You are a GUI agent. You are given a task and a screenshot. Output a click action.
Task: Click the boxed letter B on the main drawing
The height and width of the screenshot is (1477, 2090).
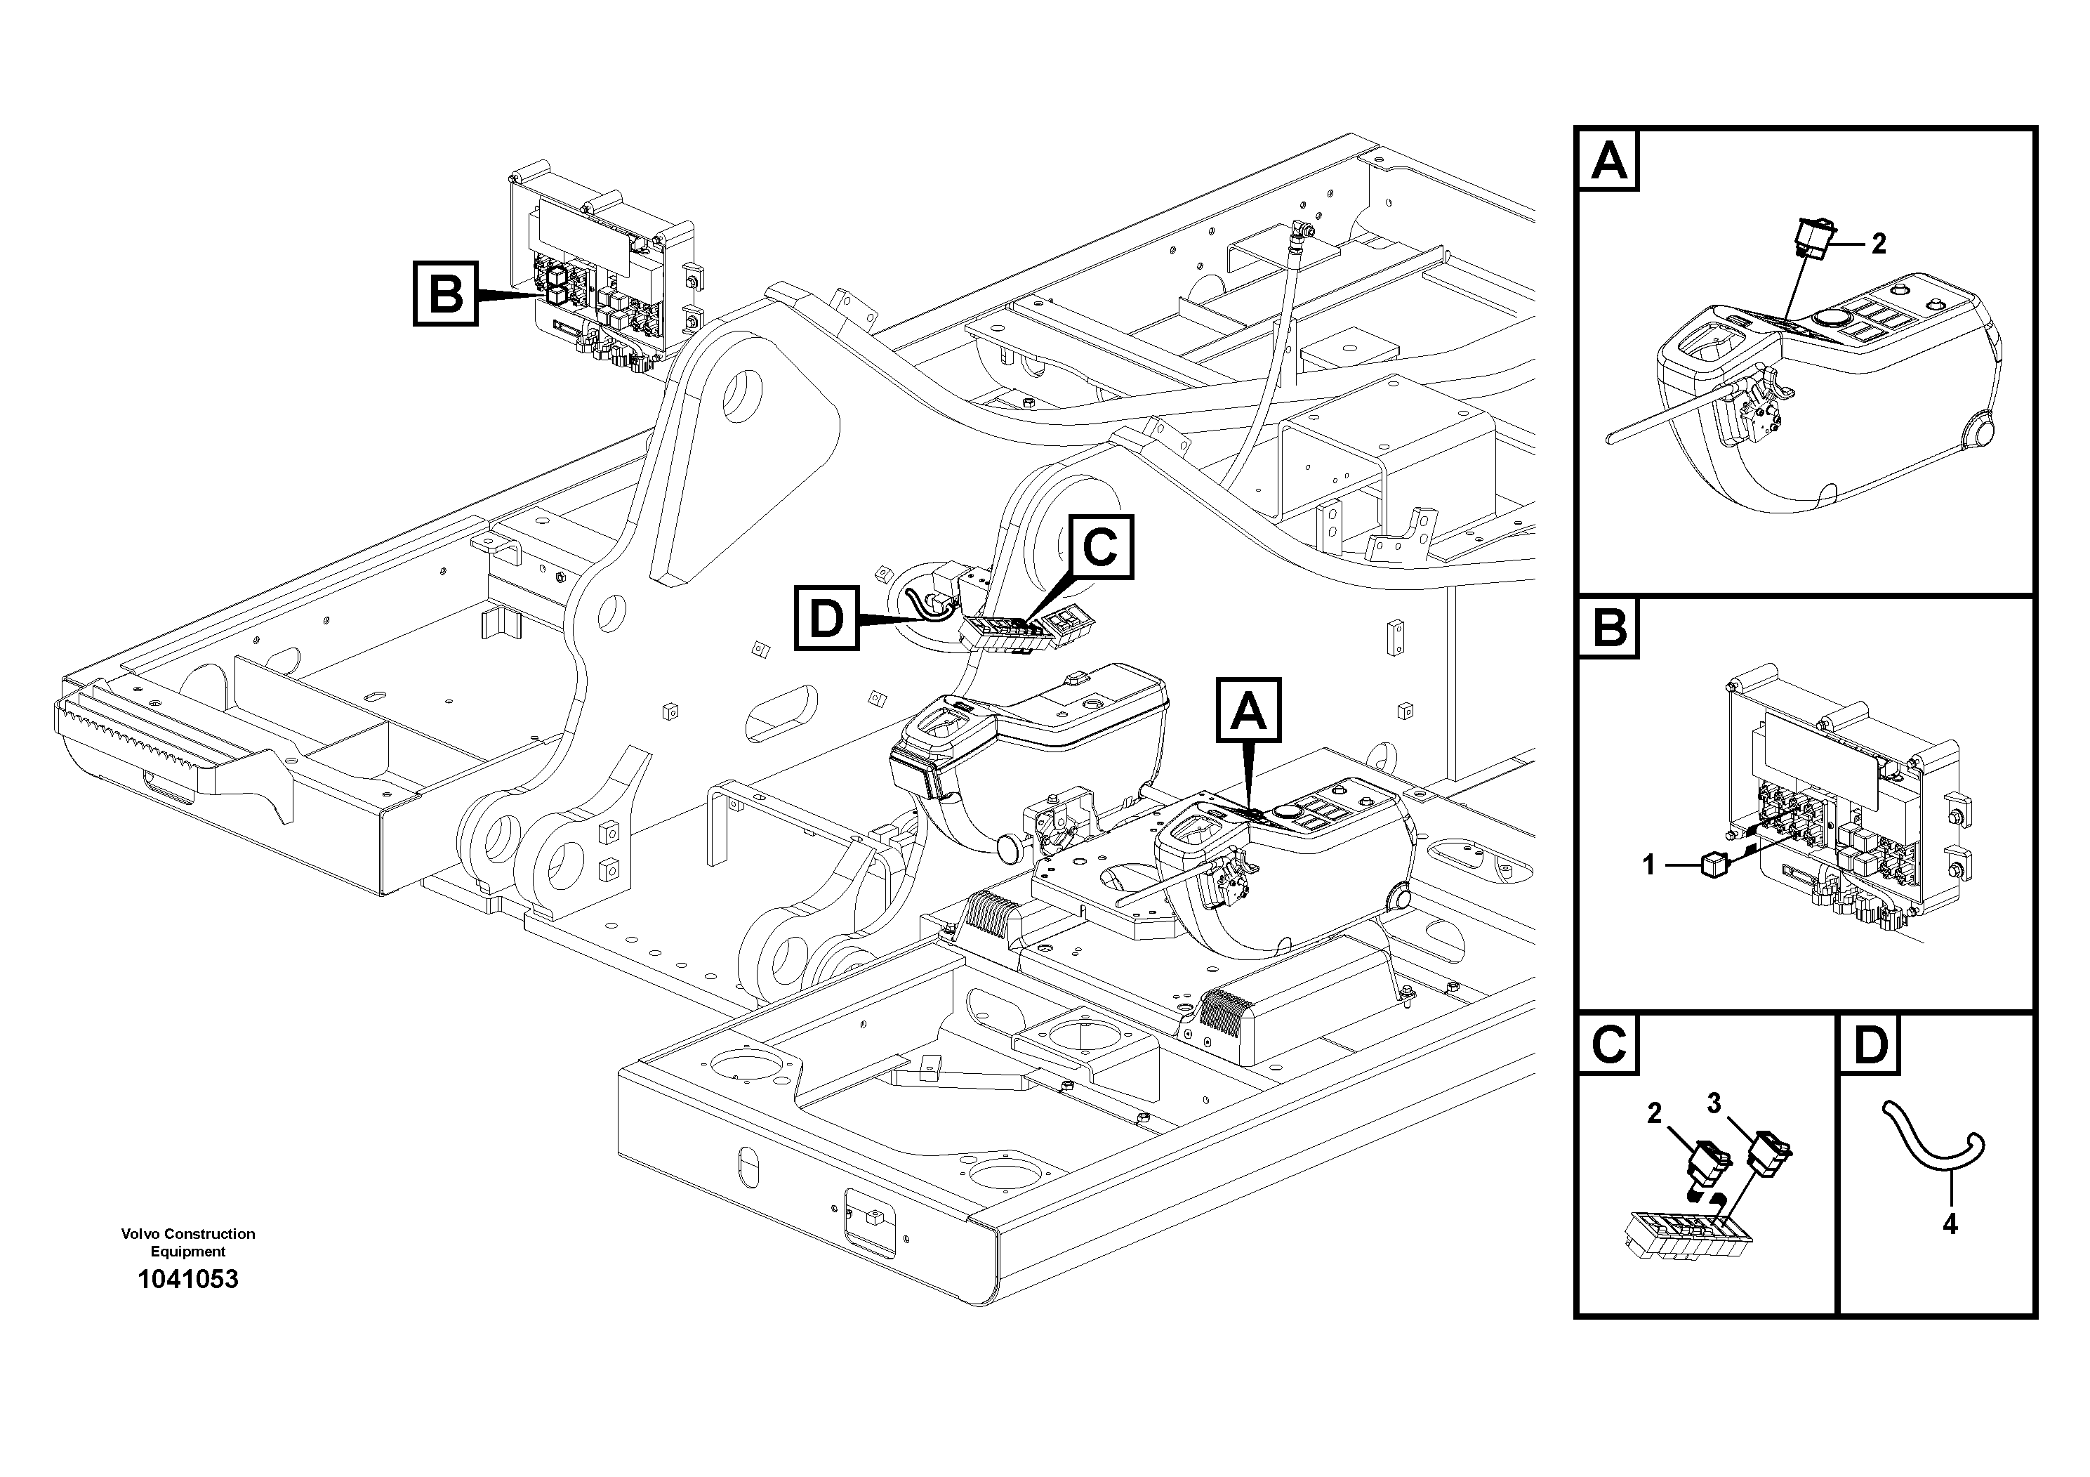click(445, 294)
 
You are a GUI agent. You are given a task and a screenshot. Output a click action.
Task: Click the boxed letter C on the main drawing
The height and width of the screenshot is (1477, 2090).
click(1102, 547)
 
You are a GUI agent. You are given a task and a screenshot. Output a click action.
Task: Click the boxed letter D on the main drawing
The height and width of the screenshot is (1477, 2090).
click(826, 619)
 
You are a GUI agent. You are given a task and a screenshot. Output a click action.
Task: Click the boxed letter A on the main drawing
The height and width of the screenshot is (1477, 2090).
click(1248, 710)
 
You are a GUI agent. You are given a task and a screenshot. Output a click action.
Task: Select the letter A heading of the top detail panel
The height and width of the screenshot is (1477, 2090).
click(1609, 161)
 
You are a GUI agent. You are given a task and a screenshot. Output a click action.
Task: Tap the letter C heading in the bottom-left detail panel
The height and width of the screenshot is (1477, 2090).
click(1609, 1044)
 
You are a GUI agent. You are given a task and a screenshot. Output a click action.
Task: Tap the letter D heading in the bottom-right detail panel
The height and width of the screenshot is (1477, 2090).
click(1872, 1044)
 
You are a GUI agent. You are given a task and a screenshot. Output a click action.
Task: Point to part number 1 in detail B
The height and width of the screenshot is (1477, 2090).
click(1648, 864)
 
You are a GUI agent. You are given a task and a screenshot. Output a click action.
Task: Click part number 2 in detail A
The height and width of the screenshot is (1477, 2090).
click(1878, 244)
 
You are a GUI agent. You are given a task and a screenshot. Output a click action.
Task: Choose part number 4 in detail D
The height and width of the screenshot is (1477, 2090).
click(1949, 1225)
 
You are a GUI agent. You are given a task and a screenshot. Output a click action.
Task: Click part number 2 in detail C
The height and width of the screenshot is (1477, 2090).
click(1654, 1112)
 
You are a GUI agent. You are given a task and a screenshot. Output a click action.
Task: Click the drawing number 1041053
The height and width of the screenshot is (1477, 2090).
click(187, 1280)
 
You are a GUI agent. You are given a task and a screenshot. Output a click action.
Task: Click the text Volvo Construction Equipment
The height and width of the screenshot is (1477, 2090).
click(187, 1242)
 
